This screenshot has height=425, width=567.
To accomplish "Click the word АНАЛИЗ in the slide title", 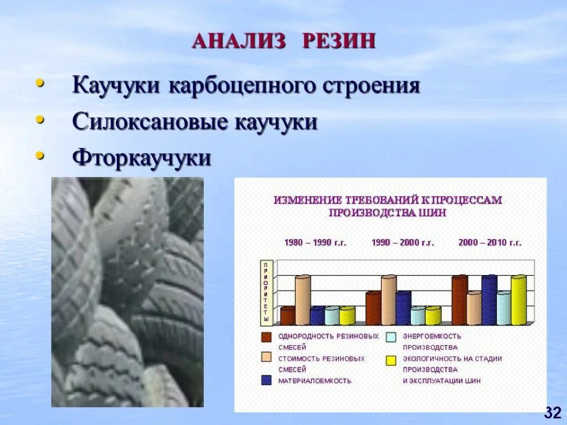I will [x=240, y=42].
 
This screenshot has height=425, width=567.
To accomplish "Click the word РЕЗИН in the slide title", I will [x=339, y=42].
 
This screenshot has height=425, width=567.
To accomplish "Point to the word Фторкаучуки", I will [x=142, y=158].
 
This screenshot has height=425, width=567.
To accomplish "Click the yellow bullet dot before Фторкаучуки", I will [x=39, y=156].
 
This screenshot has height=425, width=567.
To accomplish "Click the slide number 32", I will [x=552, y=412].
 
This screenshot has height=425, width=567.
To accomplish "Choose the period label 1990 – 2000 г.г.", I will [x=403, y=242].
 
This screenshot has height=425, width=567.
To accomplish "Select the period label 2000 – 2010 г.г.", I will [x=490, y=242].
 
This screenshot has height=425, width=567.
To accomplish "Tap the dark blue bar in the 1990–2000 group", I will [x=403, y=308].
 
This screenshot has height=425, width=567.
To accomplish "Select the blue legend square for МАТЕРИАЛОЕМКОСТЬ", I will [x=266, y=381].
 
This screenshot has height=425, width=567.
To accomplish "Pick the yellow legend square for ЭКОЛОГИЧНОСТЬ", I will [x=391, y=360].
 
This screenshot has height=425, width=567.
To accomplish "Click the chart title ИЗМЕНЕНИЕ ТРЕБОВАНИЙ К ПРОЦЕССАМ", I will [x=388, y=200].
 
